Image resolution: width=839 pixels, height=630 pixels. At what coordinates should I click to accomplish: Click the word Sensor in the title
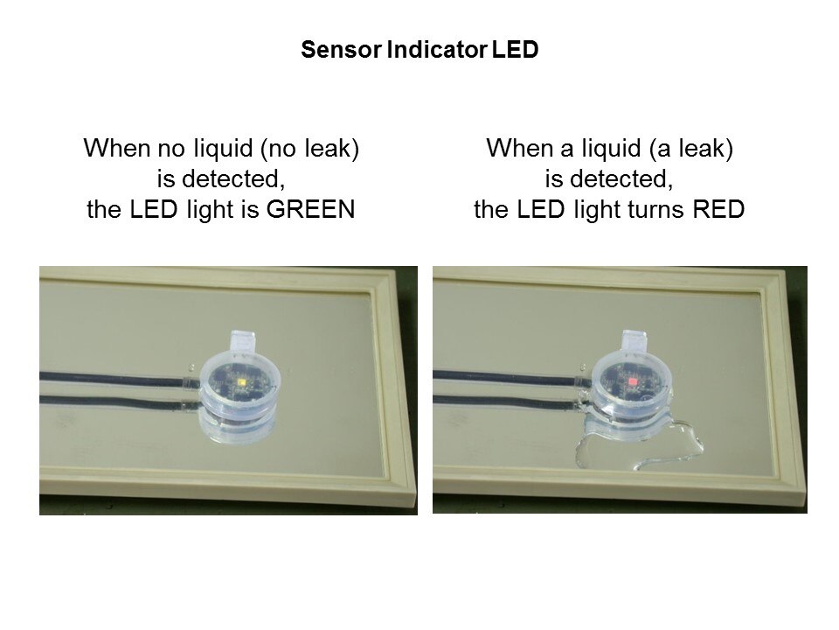coord(341,49)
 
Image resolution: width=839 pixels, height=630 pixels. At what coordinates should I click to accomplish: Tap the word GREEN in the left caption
coord(311,209)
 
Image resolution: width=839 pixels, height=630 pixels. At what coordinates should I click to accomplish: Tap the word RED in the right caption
coord(718,209)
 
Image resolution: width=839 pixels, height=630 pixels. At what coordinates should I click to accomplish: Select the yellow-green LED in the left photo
coord(241,381)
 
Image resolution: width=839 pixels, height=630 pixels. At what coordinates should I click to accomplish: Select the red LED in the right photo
coord(633,381)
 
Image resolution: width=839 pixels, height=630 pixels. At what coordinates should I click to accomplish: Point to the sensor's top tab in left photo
coord(243,340)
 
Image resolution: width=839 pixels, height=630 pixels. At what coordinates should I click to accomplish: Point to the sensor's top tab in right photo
coord(634,340)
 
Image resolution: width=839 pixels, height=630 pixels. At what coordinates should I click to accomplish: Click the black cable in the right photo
coord(506,379)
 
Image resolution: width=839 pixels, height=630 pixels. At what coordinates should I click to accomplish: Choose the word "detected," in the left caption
coord(233,178)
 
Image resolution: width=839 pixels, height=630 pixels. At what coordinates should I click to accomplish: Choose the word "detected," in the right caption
coord(621,178)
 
